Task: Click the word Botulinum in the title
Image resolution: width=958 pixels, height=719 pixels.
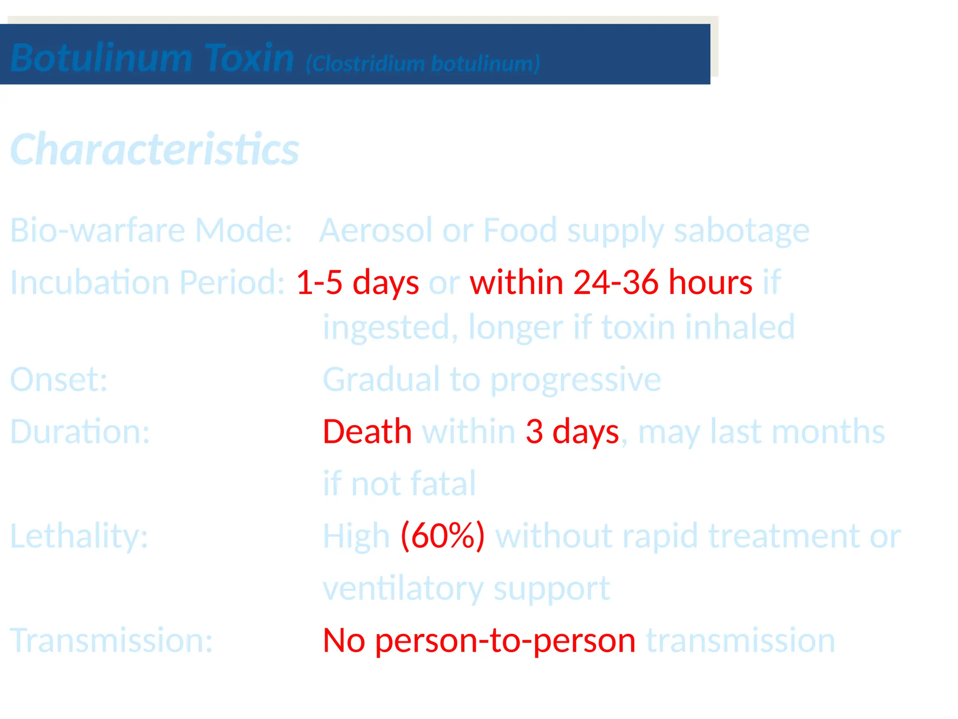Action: [101, 58]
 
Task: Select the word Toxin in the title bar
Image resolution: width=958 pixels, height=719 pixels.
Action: [249, 58]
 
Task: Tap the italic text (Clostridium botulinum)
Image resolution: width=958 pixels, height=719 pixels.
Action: [423, 63]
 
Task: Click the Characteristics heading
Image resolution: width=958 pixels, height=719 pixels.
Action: [154, 149]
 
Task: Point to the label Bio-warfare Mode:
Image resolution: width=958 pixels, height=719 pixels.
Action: [151, 230]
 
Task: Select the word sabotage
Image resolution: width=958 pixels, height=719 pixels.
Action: [741, 230]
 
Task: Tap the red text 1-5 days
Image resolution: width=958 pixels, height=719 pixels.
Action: [357, 282]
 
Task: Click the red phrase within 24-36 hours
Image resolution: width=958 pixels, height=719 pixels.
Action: [611, 282]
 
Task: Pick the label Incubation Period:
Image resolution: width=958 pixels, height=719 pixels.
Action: [147, 282]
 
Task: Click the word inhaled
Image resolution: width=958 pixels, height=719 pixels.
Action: [740, 327]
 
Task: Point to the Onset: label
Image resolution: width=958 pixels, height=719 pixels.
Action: [59, 379]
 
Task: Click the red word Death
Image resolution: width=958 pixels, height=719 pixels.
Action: [367, 431]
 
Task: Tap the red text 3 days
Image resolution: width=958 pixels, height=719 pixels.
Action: [572, 431]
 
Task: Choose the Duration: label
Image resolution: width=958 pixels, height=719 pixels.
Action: [80, 431]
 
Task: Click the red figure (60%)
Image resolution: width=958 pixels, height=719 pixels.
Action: [443, 536]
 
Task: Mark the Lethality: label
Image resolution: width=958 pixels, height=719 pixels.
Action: [79, 536]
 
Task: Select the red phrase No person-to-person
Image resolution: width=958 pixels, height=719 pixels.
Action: [479, 640]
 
